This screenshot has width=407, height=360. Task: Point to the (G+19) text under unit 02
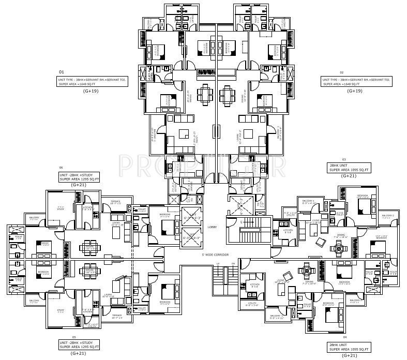click(355, 91)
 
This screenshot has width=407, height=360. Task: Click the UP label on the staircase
click(218, 264)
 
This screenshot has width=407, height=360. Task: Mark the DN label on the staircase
click(233, 264)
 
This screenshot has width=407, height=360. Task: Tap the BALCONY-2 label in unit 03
click(388, 216)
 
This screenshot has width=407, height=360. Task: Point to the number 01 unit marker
click(61, 72)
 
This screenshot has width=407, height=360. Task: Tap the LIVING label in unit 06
click(116, 223)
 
